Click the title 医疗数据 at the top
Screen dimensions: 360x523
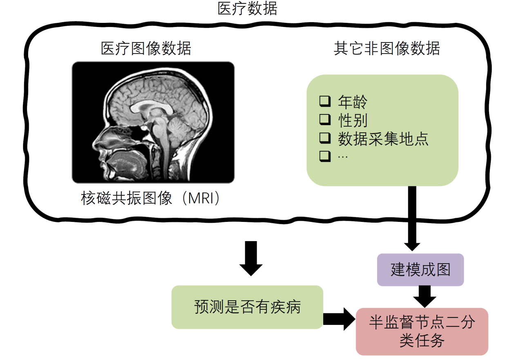click(x=247, y=9)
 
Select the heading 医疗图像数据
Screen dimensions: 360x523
click(x=146, y=49)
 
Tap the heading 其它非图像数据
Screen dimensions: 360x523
click(x=387, y=49)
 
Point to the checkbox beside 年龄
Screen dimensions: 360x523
click(x=324, y=101)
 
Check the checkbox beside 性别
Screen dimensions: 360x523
click(x=324, y=120)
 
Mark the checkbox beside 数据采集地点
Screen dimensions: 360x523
click(x=324, y=139)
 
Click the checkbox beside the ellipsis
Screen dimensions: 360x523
click(x=324, y=157)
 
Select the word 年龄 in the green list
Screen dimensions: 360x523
click(x=353, y=101)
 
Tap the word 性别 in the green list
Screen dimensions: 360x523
click(x=353, y=120)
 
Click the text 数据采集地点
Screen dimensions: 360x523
click(x=383, y=139)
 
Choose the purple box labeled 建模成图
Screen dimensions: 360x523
click(x=420, y=270)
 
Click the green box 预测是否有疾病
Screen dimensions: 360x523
click(x=247, y=307)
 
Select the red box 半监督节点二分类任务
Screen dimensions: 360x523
click(x=422, y=331)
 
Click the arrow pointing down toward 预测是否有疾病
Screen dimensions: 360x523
click(x=251, y=257)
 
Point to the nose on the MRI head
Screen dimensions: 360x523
click(x=96, y=143)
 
